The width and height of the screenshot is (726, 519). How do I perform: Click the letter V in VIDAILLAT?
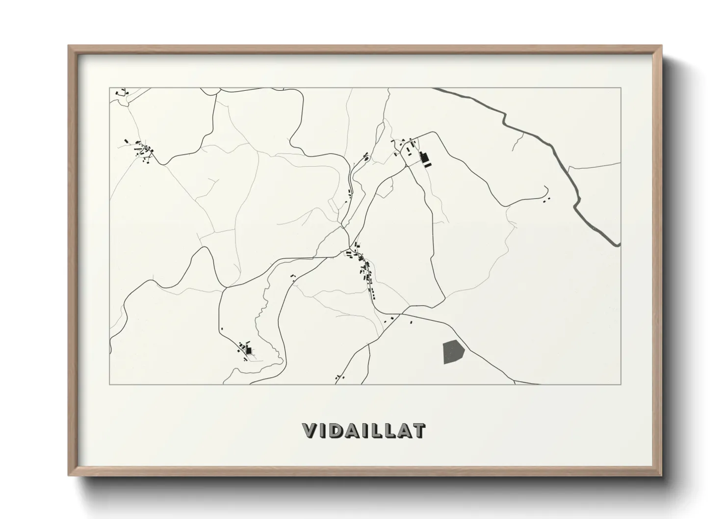(x=310, y=431)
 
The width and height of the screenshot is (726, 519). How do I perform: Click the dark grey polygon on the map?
(x=453, y=352)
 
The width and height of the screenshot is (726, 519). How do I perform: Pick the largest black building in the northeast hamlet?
(x=425, y=158)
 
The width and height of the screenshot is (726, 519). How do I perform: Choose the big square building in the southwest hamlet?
(x=249, y=350)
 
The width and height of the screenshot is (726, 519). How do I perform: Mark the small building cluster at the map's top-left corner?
(x=121, y=92)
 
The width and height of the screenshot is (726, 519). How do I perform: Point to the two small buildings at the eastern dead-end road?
(x=546, y=199)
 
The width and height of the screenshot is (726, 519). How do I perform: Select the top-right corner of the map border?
(x=621, y=88)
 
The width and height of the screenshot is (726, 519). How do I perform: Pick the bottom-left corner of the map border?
(x=109, y=384)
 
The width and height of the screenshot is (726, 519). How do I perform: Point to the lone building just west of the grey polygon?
(x=411, y=322)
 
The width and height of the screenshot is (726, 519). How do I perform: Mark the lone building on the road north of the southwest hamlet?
(x=222, y=328)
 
